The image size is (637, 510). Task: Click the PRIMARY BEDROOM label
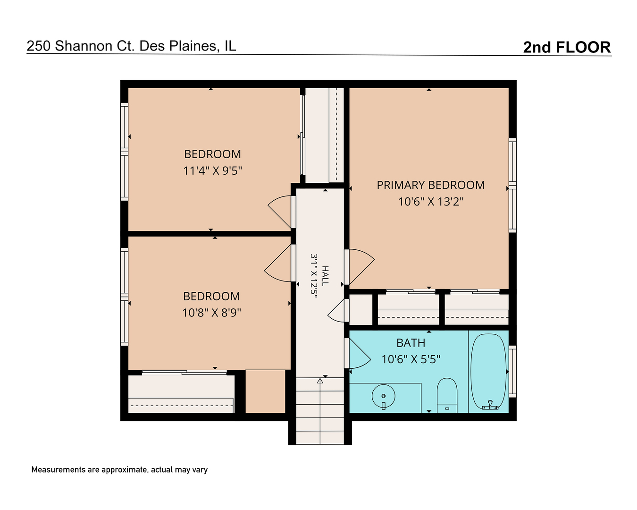[430, 185]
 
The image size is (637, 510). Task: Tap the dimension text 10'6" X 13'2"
[430, 202]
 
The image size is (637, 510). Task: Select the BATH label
[411, 343]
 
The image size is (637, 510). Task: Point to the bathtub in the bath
[488, 372]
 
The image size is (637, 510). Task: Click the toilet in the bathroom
[447, 395]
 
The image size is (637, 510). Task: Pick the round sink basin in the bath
[383, 397]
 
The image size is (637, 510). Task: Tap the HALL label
[325, 276]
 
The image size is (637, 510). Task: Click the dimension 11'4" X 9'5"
[212, 170]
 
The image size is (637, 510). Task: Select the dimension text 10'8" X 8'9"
[211, 313]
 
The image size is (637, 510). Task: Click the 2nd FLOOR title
[567, 47]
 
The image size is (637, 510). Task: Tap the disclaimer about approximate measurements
[119, 470]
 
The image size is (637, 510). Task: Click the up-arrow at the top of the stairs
[320, 381]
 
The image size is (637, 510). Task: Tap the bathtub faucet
[490, 405]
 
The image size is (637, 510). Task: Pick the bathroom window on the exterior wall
[513, 371]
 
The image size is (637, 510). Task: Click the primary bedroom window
[513, 186]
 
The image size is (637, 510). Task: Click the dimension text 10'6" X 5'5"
[411, 359]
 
